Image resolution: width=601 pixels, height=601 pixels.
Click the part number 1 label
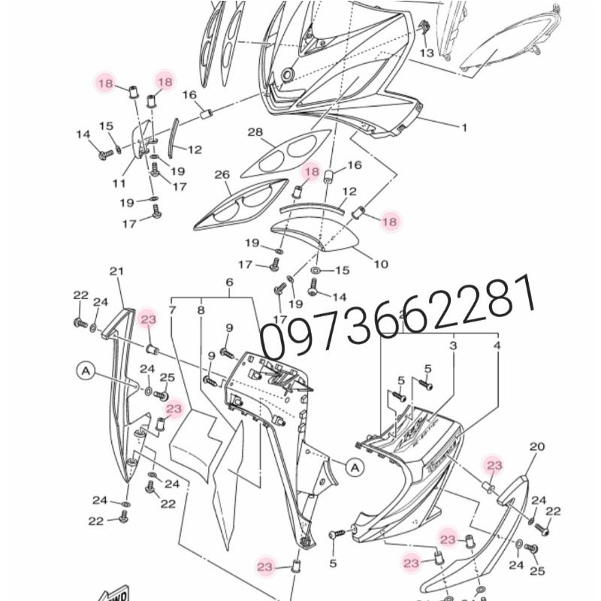click(x=464, y=128)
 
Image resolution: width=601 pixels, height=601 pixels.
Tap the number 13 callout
click(x=427, y=53)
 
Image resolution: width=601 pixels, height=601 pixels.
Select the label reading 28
click(x=255, y=133)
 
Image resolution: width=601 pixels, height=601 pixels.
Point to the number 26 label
click(x=221, y=174)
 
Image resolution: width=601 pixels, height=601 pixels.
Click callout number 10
click(x=381, y=264)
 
